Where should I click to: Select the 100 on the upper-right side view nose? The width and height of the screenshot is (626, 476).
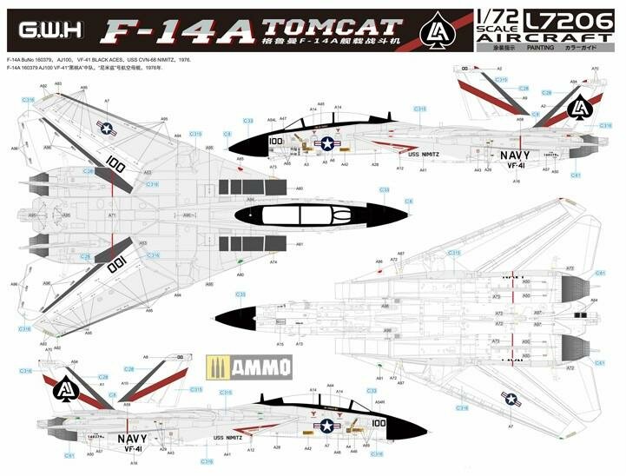(276, 140)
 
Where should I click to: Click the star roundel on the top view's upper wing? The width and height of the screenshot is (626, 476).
(108, 129)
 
